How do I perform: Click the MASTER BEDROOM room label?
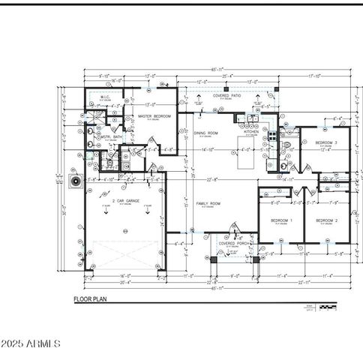pyautogui.click(x=154, y=116)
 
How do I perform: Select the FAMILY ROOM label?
pyautogui.click(x=208, y=203)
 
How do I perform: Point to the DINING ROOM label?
pyautogui.click(x=205, y=133)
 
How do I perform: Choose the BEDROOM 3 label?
pyautogui.click(x=325, y=142)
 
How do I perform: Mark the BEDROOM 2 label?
pyautogui.click(x=325, y=220)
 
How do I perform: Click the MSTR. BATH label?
pyautogui.click(x=111, y=136)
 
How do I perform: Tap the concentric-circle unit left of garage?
pyautogui.click(x=74, y=181)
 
